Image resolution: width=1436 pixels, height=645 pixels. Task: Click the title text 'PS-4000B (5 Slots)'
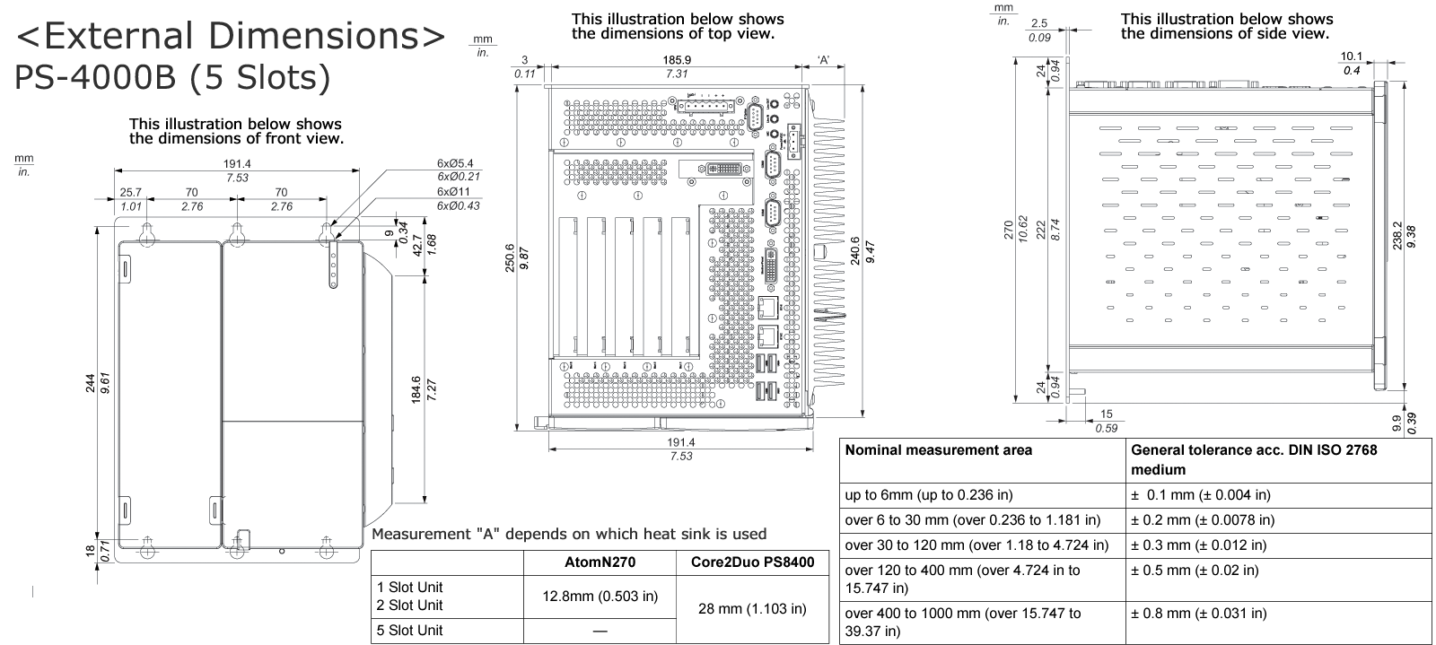172,77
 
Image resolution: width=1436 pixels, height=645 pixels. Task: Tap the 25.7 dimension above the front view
131,193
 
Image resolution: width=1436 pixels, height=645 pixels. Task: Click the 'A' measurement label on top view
823,61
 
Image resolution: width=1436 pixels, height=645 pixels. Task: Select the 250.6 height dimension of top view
510,257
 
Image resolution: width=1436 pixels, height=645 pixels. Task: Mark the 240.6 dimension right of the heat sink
854,250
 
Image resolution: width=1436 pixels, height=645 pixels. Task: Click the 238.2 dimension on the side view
1397,236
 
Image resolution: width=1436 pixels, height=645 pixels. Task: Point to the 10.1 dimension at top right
1351,57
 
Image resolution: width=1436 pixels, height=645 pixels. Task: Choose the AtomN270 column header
599,563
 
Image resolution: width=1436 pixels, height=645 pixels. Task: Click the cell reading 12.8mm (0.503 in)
599,596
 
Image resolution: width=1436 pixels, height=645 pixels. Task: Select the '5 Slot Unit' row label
409,631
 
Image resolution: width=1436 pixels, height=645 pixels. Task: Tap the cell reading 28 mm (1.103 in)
751,609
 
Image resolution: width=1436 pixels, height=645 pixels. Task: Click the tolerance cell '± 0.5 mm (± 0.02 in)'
1194,570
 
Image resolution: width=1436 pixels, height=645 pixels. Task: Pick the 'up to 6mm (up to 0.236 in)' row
928,495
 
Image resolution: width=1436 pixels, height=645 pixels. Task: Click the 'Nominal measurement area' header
938,450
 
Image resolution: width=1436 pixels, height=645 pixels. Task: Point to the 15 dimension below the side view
1106,414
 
